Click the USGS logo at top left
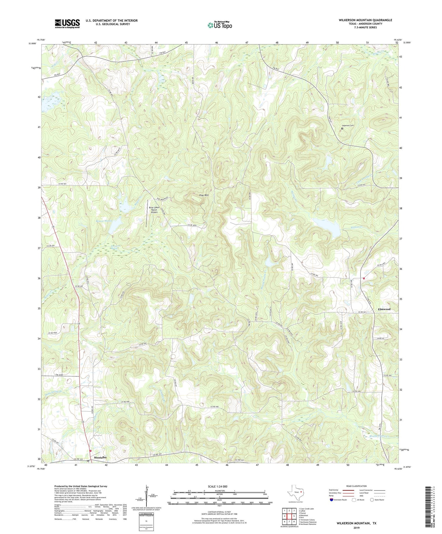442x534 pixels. [67, 24]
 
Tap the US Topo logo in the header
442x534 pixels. [220, 25]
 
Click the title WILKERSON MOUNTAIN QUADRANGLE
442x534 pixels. [365, 20]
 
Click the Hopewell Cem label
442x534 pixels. [348, 125]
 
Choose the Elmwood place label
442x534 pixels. [384, 309]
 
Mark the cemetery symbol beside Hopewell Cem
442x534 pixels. [342, 129]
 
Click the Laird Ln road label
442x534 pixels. [380, 338]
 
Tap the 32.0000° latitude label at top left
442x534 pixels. [32, 43]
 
